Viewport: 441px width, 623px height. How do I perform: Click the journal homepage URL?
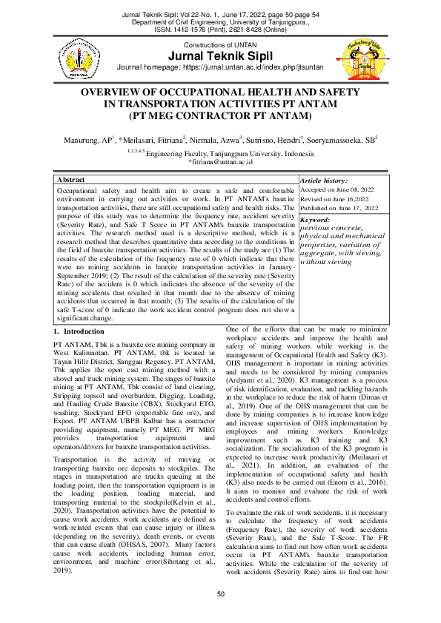point(268,70)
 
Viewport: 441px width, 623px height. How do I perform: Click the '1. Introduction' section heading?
point(79,331)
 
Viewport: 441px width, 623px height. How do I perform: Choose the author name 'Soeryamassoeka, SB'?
point(365,139)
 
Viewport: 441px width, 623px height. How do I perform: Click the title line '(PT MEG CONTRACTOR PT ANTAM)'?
point(220,116)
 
